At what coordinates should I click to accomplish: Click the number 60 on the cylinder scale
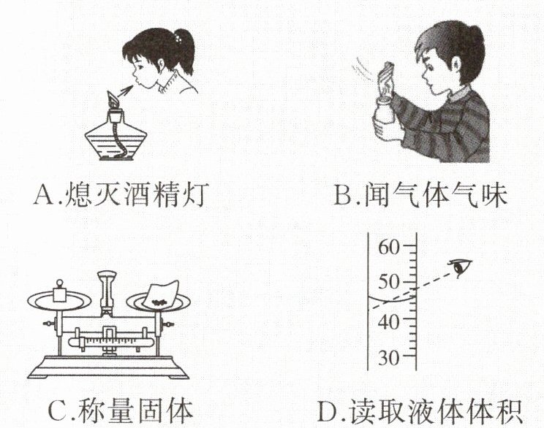pyautogui.click(x=389, y=248)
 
